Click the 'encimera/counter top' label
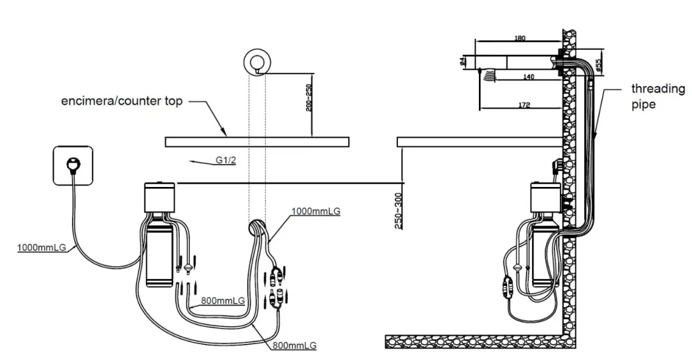coord(121,101)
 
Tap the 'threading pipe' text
coord(657,97)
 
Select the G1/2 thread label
coord(226,160)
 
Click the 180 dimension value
coord(520,39)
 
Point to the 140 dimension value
coord(528,77)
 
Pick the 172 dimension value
coord(525,105)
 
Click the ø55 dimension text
coord(598,65)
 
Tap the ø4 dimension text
coord(462,61)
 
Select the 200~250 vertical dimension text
coord(309,98)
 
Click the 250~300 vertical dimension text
coord(398,211)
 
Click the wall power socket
coord(73,165)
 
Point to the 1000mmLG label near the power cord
coord(42,247)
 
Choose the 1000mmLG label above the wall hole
coord(316,211)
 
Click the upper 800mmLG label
coord(223,301)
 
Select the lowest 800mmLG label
coord(294,345)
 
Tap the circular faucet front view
coord(257,61)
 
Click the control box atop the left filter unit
coord(160,197)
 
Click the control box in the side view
coord(545,199)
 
